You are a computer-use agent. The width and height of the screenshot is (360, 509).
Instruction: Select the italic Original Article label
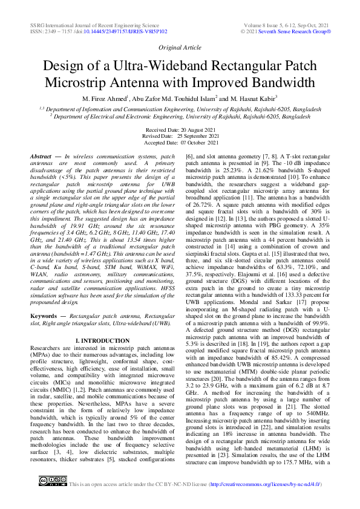click(180, 47)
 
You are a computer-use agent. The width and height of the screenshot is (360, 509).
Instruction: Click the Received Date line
click(180, 130)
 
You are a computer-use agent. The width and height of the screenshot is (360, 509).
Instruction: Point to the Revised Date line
click(180, 136)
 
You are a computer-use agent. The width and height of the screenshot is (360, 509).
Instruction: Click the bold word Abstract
click(41, 157)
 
